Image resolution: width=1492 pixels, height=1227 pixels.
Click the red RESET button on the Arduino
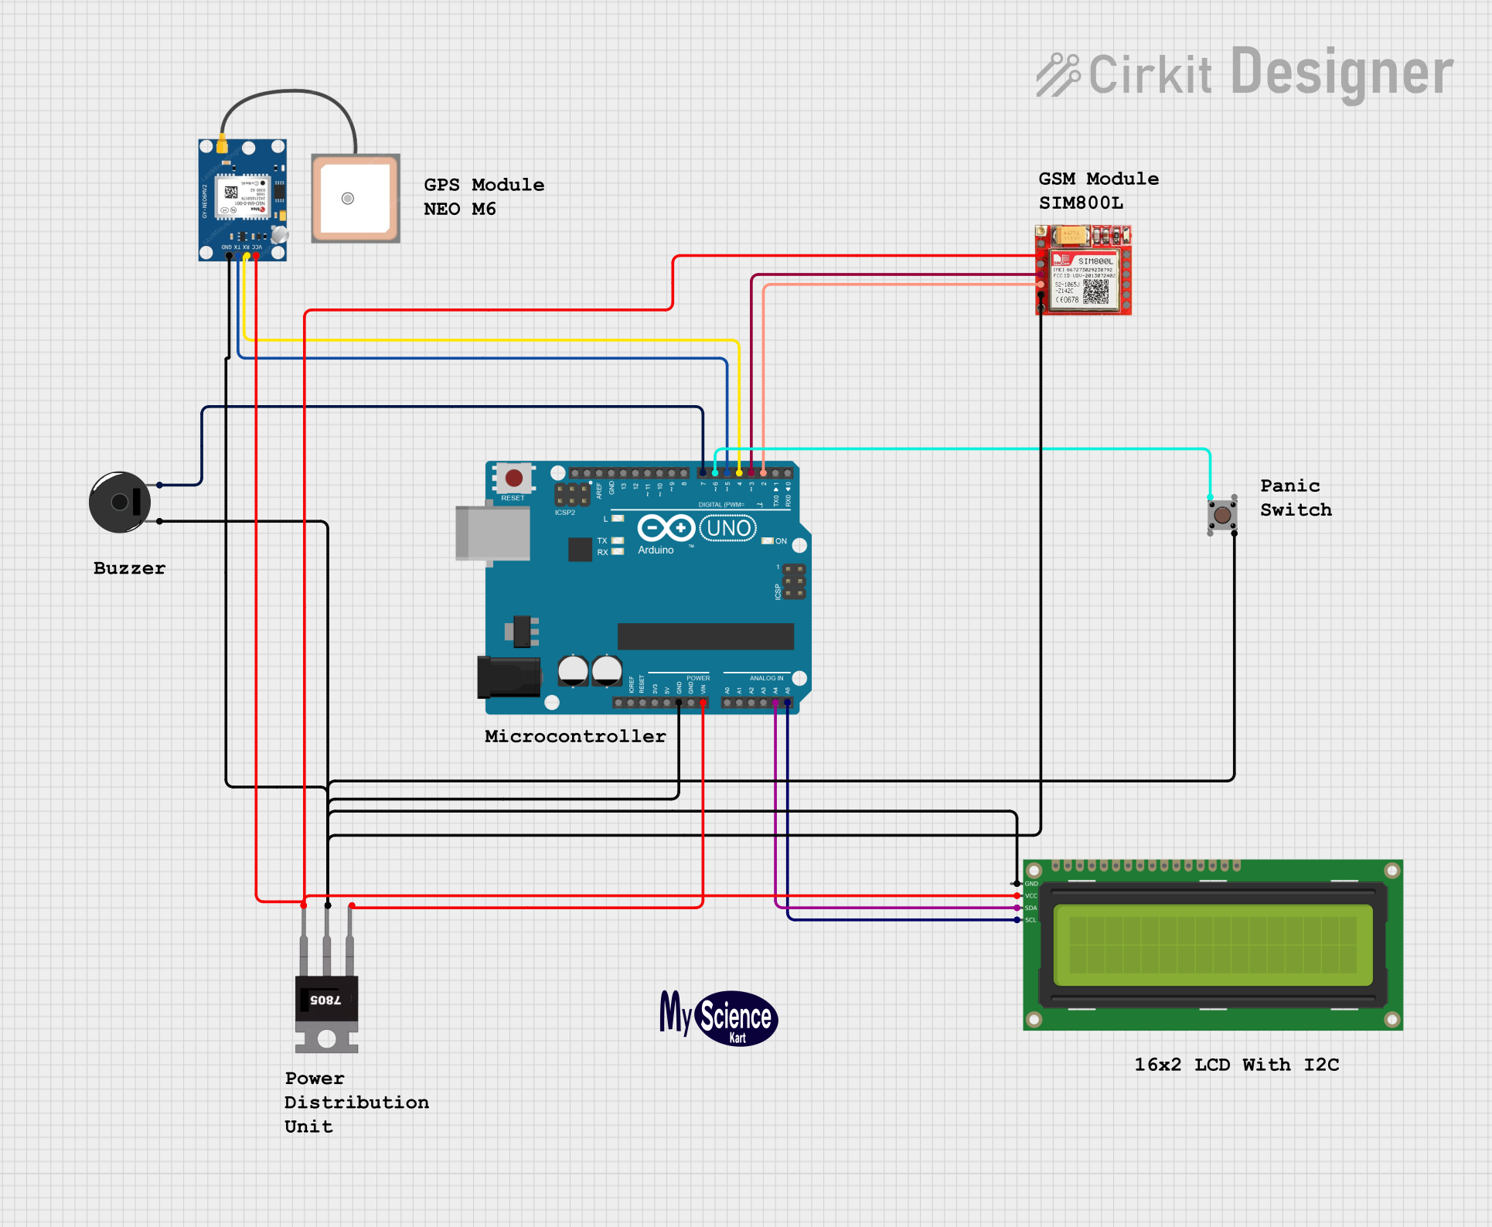click(513, 478)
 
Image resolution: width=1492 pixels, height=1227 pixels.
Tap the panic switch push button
click(1222, 514)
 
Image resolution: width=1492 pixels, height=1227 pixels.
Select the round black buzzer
click(121, 503)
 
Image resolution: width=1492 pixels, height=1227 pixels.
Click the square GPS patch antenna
click(356, 199)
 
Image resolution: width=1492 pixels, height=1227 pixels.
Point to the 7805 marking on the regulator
click(325, 1000)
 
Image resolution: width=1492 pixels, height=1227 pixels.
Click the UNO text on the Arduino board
click(728, 529)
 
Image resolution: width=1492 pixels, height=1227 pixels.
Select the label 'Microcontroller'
click(575, 736)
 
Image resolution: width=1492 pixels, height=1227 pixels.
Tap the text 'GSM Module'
click(1099, 179)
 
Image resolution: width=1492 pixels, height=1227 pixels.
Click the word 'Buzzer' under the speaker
click(129, 568)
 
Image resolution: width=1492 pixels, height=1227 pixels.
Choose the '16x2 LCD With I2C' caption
click(1236, 1065)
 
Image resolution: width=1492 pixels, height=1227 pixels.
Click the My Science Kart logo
click(719, 1017)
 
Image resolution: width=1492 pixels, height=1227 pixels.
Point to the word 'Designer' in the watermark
click(1341, 73)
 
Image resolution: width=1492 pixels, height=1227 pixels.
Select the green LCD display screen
click(1212, 945)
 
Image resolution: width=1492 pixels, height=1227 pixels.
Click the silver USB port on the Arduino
click(492, 533)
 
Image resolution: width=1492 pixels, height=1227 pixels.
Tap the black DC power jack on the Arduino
click(508, 677)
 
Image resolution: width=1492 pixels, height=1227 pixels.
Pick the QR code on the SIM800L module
click(1095, 291)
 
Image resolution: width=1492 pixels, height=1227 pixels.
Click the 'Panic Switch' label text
click(1296, 498)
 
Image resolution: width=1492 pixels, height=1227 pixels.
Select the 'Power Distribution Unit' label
click(356, 1102)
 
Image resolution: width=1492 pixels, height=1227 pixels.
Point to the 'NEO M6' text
click(460, 209)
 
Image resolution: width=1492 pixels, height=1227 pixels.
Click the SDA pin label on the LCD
click(1030, 908)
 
